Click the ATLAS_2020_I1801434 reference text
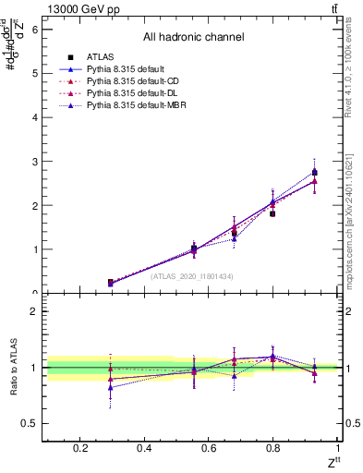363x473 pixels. [193, 275]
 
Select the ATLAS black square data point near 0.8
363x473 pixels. [272, 213]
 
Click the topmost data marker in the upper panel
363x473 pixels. [314, 172]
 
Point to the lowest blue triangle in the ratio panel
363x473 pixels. [110, 387]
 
